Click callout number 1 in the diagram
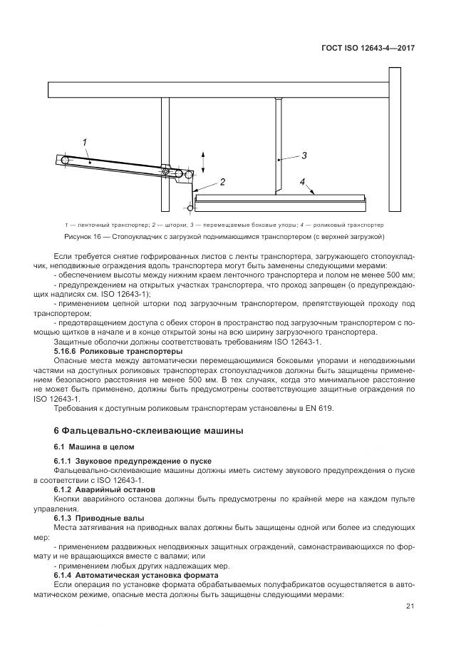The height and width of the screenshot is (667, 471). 84,143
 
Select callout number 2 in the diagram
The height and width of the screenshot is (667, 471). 222,183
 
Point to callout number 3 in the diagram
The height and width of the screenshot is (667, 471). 304,155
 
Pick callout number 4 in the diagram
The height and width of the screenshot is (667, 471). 302,183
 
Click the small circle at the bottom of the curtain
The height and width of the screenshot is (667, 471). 190,208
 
